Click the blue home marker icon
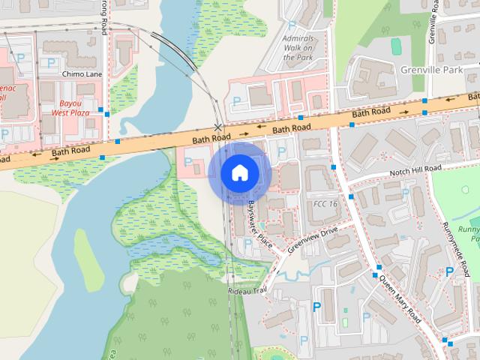tap(239, 173)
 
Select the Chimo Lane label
tap(82, 75)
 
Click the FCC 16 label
tap(324, 204)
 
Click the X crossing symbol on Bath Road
tap(218, 127)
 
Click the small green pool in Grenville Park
tap(396, 46)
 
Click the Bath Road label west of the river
tap(70, 152)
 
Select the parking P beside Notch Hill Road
tap(406, 193)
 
